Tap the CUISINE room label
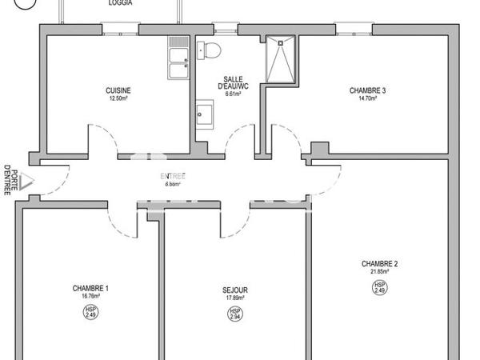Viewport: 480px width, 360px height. [118, 90]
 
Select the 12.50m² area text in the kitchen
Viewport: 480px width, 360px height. [118, 98]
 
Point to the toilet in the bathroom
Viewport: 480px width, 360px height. [211, 50]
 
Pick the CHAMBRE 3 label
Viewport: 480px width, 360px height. [367, 90]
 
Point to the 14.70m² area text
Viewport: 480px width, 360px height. [367, 98]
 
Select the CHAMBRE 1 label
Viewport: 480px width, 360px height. [90, 289]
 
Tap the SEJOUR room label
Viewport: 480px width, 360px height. [235, 290]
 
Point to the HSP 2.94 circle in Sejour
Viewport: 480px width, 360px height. [235, 314]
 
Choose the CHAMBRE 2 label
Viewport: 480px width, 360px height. [379, 264]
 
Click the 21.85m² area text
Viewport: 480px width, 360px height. [379, 272]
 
